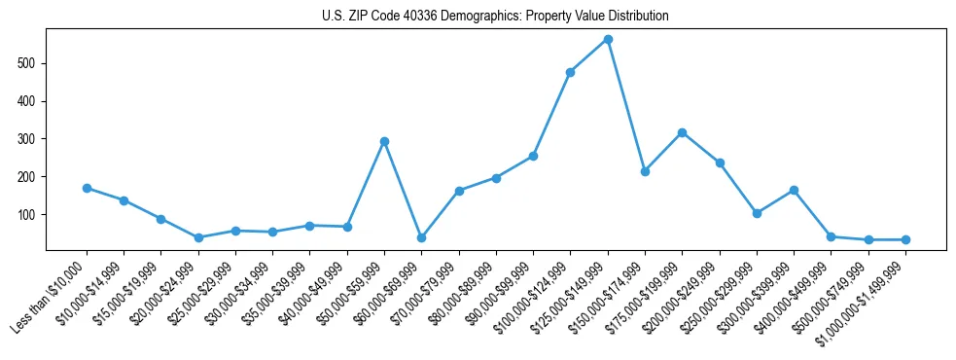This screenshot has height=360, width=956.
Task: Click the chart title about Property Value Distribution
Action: (495, 17)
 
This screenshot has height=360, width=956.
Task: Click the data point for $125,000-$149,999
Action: (608, 40)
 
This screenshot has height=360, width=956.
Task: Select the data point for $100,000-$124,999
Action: (570, 72)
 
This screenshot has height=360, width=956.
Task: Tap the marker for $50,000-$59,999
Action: (384, 141)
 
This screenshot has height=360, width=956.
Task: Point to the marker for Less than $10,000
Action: (87, 188)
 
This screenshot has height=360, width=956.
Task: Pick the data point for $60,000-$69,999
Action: (421, 237)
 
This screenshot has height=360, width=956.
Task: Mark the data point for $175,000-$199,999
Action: (682, 132)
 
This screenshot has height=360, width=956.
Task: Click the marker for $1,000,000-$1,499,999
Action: (905, 239)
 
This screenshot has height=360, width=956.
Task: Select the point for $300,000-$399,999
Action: (794, 190)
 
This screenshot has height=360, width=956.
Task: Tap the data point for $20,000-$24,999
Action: (198, 237)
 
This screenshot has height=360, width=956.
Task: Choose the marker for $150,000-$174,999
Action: (645, 171)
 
